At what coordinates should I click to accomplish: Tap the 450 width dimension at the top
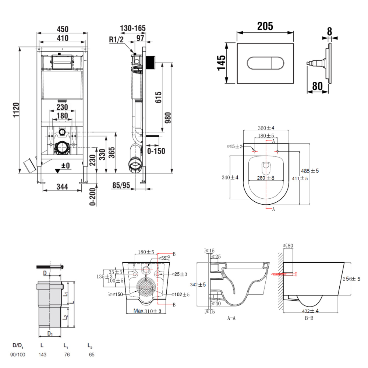coord(63,29)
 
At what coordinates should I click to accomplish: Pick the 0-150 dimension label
coord(156,151)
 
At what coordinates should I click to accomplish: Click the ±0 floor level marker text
coord(65,166)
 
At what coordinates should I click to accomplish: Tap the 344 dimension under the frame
coord(62,187)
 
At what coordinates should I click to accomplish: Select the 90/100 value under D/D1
coord(18,355)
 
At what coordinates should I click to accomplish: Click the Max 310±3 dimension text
coord(147,311)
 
